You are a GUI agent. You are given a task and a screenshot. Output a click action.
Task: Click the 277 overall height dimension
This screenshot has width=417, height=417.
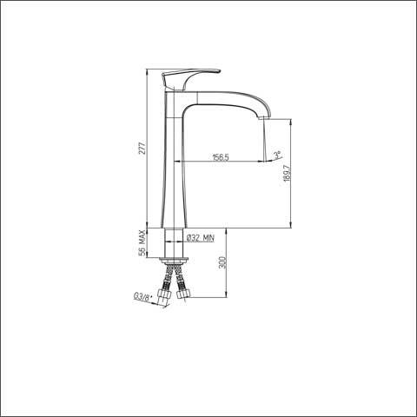coord(142,149)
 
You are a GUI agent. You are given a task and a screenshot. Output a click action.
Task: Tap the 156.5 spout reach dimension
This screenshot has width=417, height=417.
coord(221,157)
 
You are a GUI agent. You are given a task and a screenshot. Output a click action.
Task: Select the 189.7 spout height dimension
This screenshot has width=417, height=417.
coord(287,173)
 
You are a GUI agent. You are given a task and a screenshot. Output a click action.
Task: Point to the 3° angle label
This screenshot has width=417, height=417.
coord(278,155)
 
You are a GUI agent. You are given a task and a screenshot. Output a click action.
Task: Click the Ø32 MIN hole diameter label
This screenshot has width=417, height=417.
coord(201,238)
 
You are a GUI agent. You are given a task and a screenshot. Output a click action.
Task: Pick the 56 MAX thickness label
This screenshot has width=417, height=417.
coord(142,243)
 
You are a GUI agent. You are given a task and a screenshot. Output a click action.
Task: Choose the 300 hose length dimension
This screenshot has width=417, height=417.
coord(222,262)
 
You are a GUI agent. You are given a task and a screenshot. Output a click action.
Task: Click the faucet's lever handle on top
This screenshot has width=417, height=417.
coord(189,78)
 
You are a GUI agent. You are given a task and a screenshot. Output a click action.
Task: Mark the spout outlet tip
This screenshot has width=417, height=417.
coord(264,117)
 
